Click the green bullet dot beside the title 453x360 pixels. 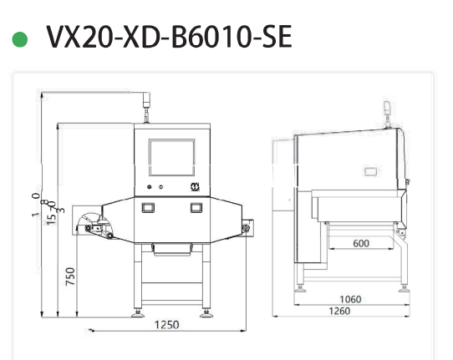click(19, 39)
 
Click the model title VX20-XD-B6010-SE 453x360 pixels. click(169, 38)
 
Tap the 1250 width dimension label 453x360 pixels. click(167, 325)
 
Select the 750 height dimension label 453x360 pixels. click(71, 276)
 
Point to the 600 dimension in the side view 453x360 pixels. click(360, 243)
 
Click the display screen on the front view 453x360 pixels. click(171, 157)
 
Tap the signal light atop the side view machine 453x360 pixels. click(386, 108)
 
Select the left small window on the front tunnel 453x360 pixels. click(148, 207)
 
